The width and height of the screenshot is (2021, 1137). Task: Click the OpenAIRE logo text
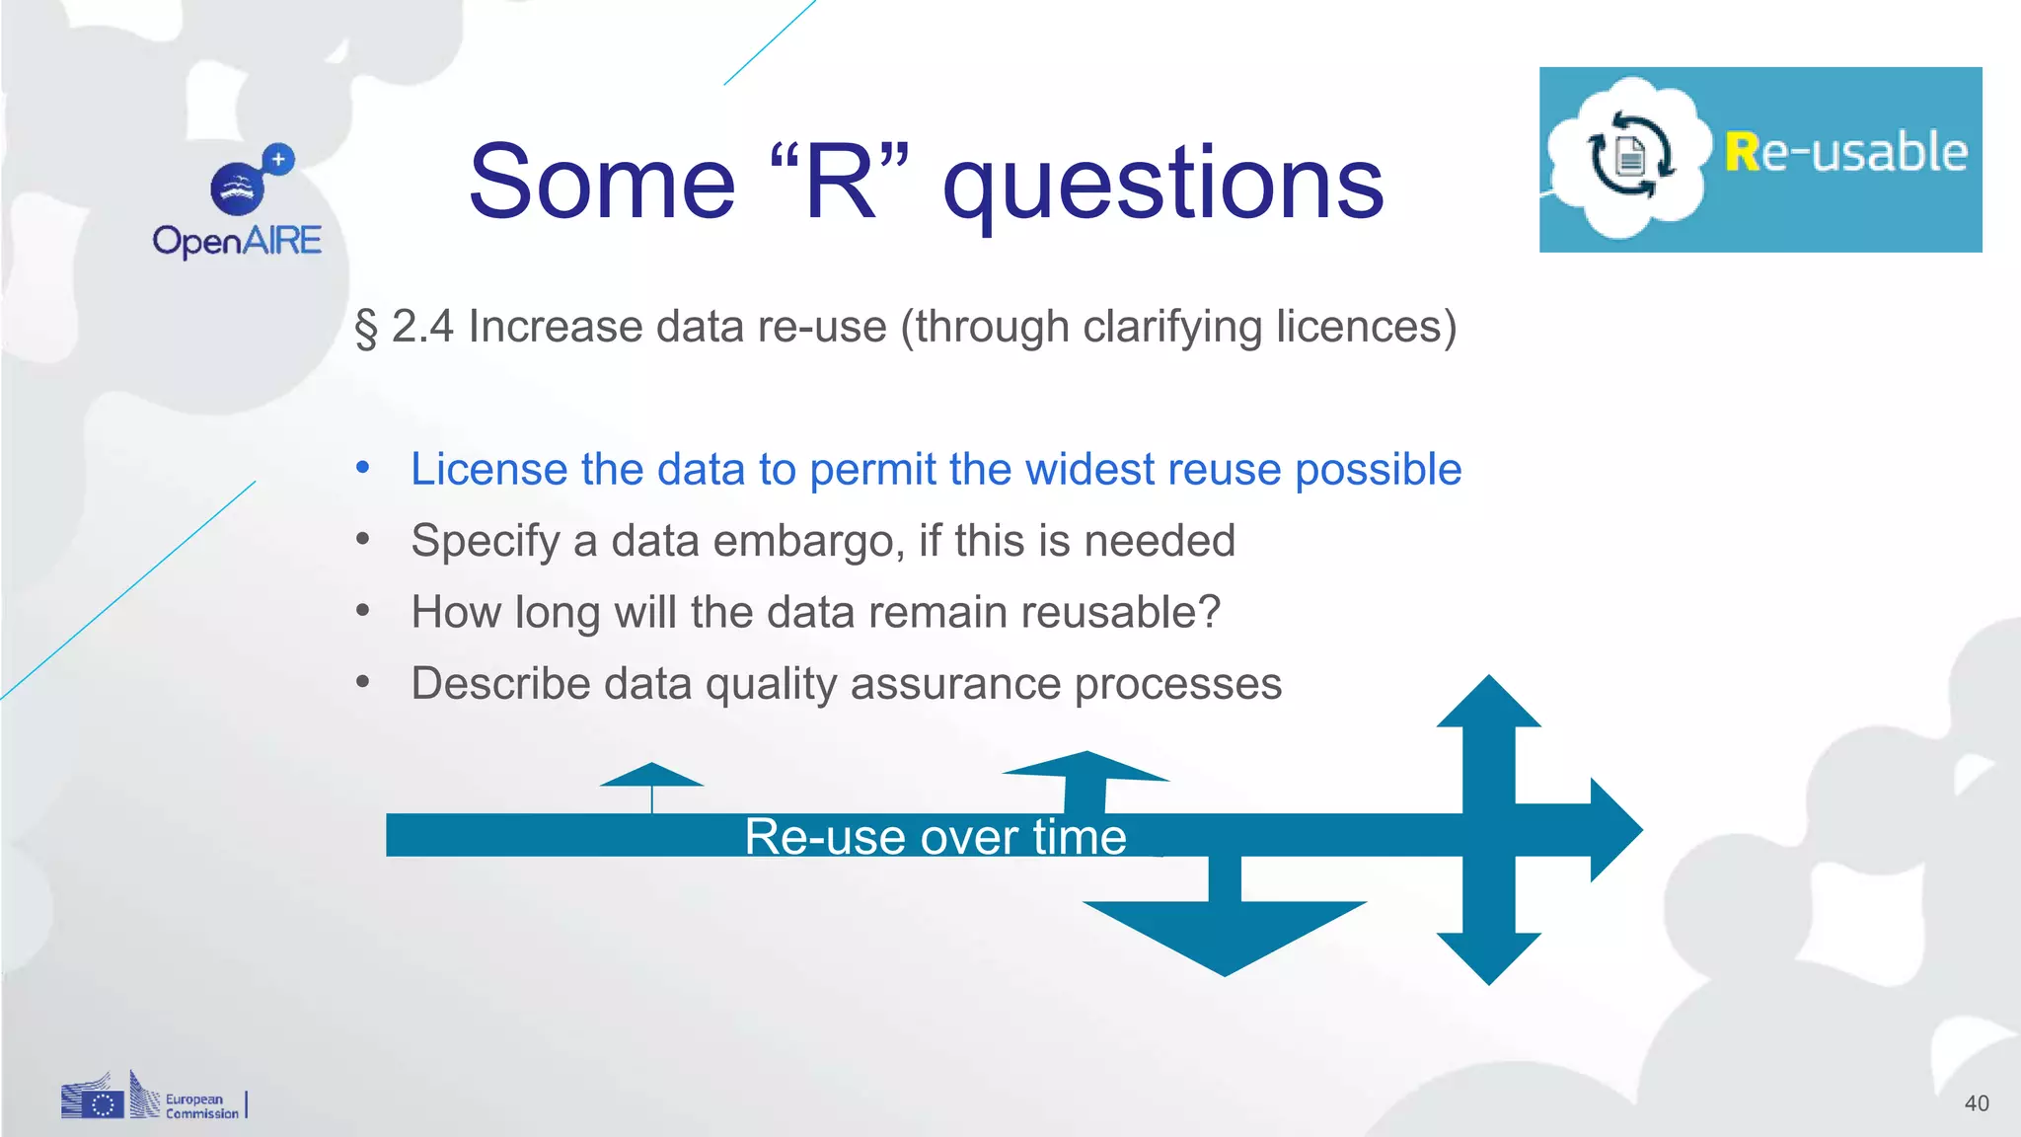click(x=237, y=241)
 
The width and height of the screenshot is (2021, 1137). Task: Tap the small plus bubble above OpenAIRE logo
click(x=278, y=159)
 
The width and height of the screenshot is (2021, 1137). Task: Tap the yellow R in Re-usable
click(x=1742, y=153)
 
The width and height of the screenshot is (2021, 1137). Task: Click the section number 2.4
click(x=422, y=327)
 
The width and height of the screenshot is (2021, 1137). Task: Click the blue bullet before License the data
click(x=363, y=467)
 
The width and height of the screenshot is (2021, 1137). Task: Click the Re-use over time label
click(x=935, y=837)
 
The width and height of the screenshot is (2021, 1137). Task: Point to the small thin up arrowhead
click(x=651, y=775)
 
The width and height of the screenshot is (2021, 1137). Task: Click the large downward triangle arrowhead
click(x=1224, y=933)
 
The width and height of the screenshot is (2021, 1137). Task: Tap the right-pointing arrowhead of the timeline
click(x=1615, y=830)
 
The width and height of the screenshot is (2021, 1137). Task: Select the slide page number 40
click(x=1976, y=1103)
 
